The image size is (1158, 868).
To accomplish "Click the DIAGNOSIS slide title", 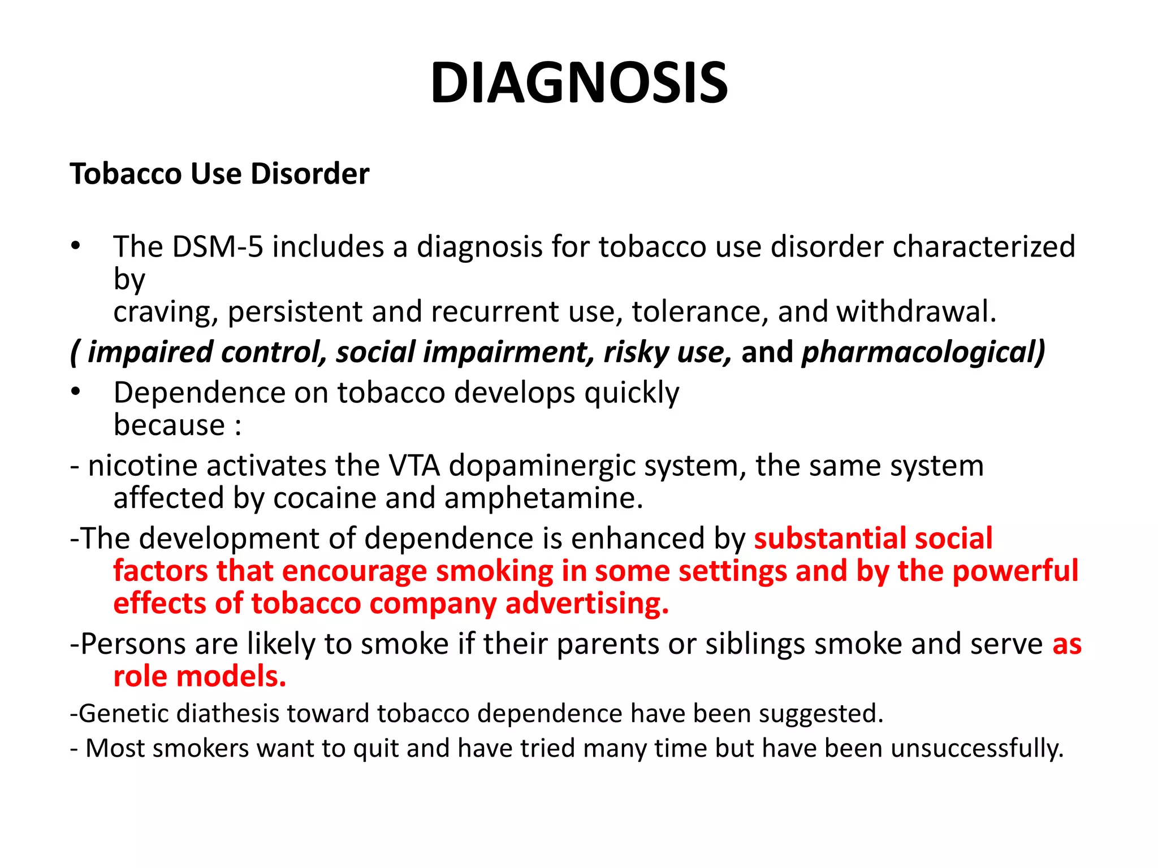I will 578,83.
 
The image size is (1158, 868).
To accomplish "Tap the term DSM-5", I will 218,247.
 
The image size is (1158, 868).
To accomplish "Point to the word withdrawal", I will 916,311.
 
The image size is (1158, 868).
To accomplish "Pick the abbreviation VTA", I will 414,466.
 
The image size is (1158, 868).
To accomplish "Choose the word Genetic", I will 124,714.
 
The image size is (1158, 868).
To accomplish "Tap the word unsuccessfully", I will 977,748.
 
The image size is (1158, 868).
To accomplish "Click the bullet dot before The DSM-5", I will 76,246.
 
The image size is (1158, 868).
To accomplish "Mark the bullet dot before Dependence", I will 76,392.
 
